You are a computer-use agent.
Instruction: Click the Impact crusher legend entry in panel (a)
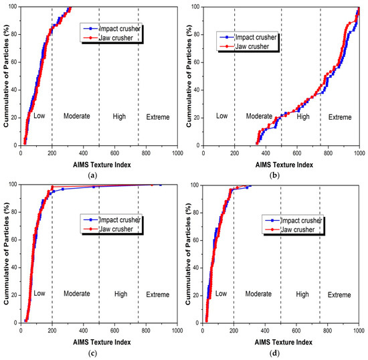[112, 29]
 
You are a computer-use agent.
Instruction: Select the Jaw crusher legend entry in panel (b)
[244, 46]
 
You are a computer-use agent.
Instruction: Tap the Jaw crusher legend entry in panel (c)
[108, 229]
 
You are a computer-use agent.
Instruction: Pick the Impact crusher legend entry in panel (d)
[294, 220]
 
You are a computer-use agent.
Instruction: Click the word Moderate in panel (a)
[77, 116]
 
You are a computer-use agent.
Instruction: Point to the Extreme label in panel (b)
[340, 117]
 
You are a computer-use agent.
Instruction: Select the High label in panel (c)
[120, 294]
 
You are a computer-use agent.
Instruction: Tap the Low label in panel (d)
[221, 293]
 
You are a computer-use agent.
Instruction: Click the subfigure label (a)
[92, 175]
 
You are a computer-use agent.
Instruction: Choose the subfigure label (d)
[274, 353]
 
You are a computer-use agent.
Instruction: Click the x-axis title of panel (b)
[284, 165]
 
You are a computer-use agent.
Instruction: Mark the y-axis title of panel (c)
[6, 254]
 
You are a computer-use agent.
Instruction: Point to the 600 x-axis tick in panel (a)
[114, 153]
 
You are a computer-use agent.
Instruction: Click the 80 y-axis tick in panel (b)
[197, 35]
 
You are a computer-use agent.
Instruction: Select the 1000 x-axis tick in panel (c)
[177, 331]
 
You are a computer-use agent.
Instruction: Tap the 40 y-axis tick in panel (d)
[196, 268]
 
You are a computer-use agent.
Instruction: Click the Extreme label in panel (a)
[158, 117]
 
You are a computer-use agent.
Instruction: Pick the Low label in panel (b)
[221, 116]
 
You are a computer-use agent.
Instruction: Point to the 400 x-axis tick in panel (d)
[265, 331]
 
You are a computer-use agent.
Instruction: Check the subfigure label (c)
[92, 353]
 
